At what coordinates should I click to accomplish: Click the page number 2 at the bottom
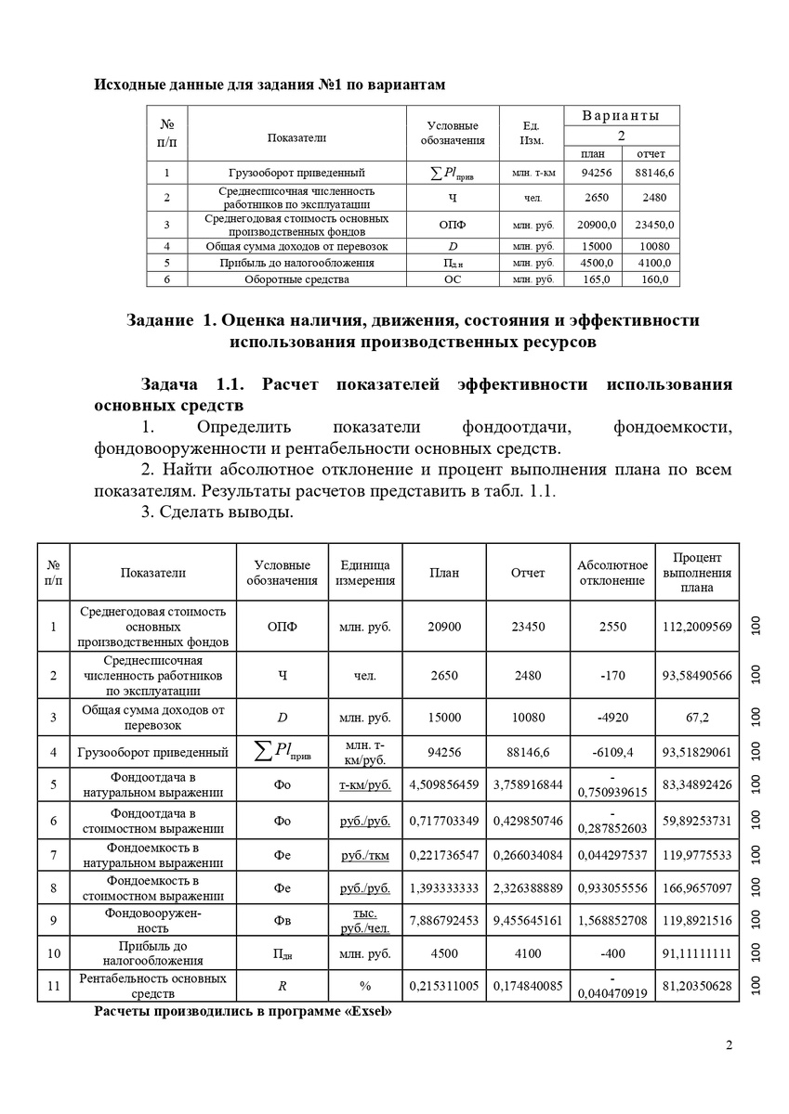click(729, 1046)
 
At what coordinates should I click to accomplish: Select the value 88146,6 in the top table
click(654, 173)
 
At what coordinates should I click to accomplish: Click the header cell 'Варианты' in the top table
click(621, 116)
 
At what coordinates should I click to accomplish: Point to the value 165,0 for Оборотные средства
click(595, 279)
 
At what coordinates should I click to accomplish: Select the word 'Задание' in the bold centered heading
click(159, 320)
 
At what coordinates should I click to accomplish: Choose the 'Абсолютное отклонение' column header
click(612, 573)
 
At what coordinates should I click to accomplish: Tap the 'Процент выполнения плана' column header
click(697, 572)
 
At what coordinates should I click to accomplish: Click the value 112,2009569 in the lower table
click(697, 627)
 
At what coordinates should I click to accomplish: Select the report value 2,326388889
click(528, 887)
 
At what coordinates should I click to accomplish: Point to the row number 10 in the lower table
click(54, 953)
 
